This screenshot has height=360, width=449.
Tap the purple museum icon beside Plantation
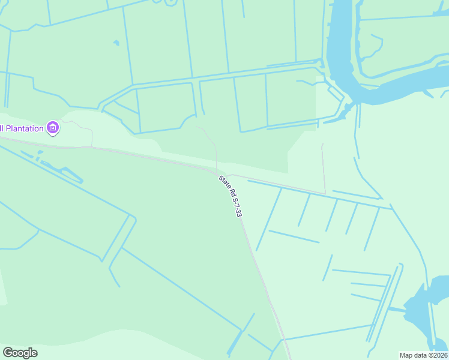(x=53, y=127)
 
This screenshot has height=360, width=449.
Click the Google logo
(x=20, y=353)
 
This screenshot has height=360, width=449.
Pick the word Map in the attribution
(x=406, y=355)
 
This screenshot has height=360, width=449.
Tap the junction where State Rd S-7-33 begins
(x=217, y=173)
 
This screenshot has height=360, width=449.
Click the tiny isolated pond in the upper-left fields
(x=116, y=43)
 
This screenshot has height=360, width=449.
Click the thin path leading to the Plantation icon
(x=78, y=126)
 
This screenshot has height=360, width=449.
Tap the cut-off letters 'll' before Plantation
(x=2, y=128)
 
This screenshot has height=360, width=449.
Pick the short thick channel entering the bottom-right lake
(x=397, y=310)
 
